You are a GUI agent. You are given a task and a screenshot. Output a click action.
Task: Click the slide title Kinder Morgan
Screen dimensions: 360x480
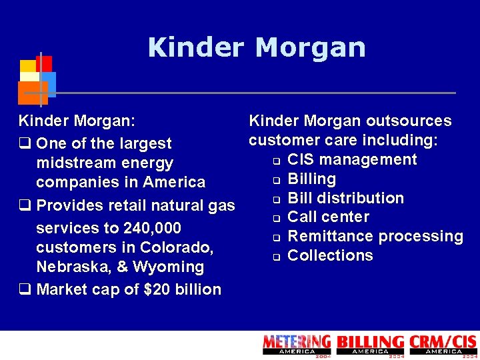click(257, 48)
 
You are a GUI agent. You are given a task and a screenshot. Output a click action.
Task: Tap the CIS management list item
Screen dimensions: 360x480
click(352, 159)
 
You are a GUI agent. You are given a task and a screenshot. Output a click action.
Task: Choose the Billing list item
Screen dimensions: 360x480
click(311, 179)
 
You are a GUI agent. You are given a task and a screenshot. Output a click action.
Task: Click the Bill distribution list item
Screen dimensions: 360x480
click(345, 198)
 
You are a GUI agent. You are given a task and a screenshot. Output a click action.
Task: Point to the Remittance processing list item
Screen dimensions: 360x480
click(375, 236)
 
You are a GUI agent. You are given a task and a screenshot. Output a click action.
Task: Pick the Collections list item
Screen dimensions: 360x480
click(330, 255)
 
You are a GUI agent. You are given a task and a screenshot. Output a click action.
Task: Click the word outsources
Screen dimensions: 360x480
click(413, 121)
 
